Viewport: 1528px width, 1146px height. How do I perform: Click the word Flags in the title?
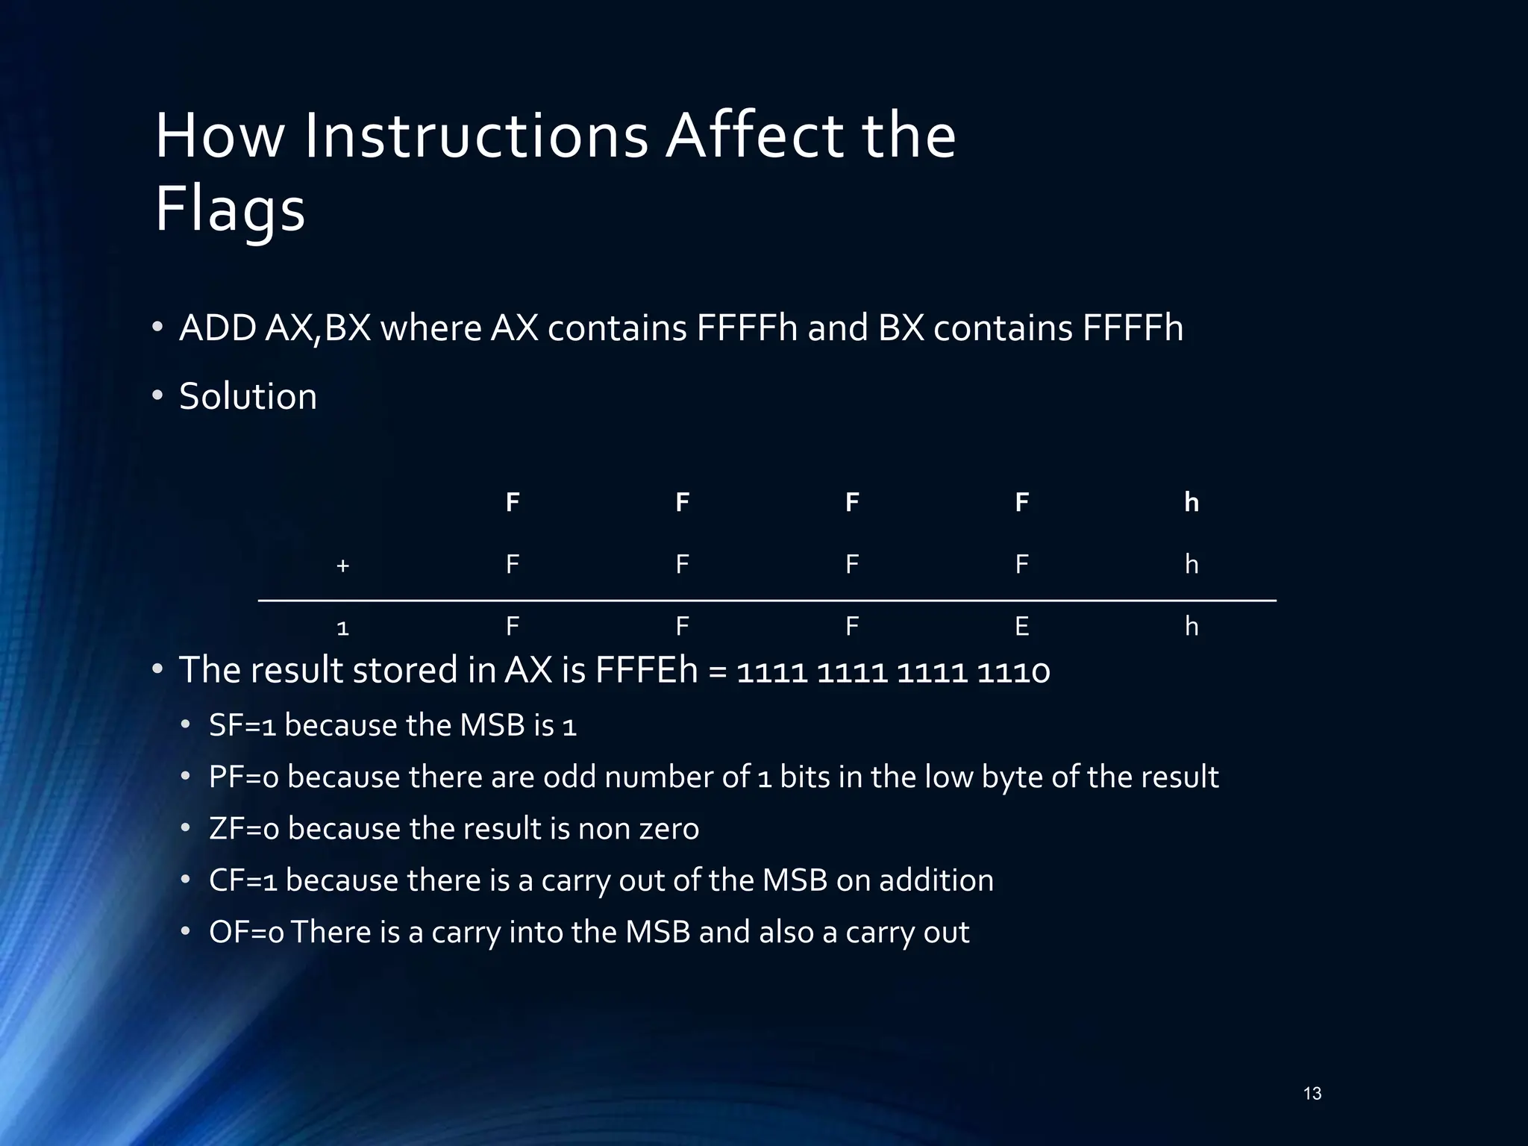click(x=230, y=210)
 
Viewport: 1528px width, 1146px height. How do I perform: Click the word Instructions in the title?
click(x=475, y=137)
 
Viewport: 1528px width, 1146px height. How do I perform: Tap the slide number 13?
click(x=1312, y=1094)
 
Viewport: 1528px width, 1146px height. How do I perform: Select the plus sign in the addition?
click(x=342, y=566)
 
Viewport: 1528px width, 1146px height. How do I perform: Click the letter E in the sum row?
click(x=1021, y=627)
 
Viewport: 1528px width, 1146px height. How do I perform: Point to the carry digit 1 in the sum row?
click(x=342, y=628)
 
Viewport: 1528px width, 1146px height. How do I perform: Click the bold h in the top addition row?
click(x=1192, y=502)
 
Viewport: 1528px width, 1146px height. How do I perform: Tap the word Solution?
click(x=248, y=396)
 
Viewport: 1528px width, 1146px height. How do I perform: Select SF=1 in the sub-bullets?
click(x=243, y=725)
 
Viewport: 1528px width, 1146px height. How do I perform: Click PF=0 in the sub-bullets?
click(x=244, y=777)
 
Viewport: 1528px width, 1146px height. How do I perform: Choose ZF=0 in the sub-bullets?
click(x=244, y=829)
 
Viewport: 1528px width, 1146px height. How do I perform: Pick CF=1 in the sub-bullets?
click(x=243, y=880)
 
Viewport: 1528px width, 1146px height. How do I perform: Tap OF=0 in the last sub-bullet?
click(x=246, y=933)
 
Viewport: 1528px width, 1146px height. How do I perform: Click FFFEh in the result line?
click(x=646, y=670)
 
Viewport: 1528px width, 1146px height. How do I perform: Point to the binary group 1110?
click(x=1012, y=671)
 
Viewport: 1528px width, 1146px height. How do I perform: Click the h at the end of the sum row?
click(x=1192, y=627)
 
